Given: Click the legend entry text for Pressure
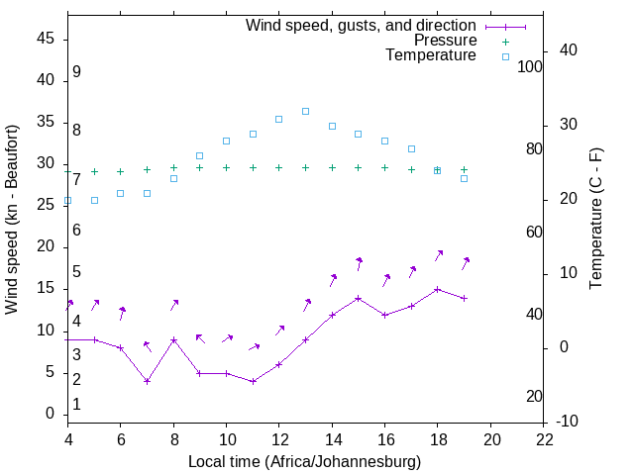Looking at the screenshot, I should click(x=445, y=41).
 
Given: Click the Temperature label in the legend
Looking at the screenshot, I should click(x=431, y=55).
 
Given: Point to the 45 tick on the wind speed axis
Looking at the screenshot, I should click(x=46, y=39).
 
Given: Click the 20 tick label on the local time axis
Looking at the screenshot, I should click(x=491, y=438).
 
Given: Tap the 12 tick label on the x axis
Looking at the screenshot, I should click(x=279, y=438).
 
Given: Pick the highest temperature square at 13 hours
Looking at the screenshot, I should click(x=305, y=111).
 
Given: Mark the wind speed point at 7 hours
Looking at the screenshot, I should click(x=147, y=381).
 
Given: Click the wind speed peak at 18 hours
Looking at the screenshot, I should click(x=437, y=289).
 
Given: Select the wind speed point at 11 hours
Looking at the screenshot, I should click(x=253, y=381).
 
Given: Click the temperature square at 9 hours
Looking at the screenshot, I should click(x=199, y=155).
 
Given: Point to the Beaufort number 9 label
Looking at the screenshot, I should click(x=76, y=72).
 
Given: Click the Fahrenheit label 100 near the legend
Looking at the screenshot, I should click(x=531, y=66).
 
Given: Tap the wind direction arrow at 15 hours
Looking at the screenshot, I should click(x=358, y=262).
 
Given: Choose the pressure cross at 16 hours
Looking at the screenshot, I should click(x=384, y=167).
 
